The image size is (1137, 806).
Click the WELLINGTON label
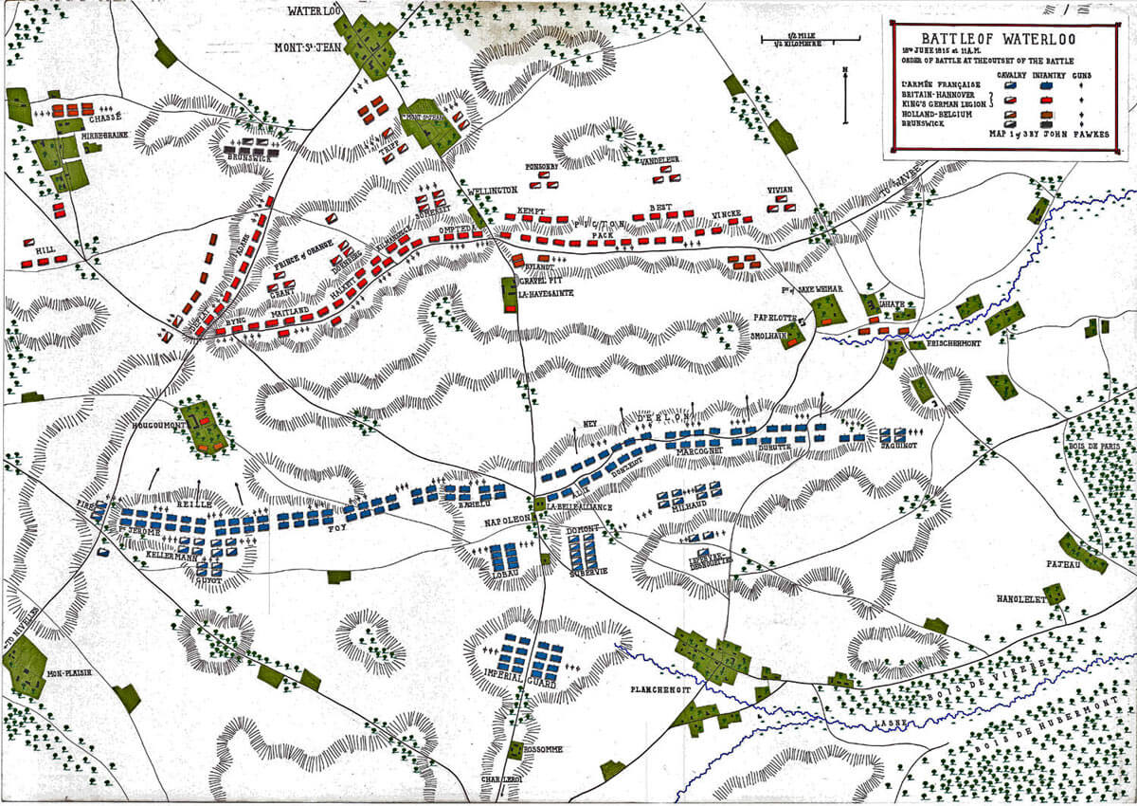(x=492, y=192)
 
